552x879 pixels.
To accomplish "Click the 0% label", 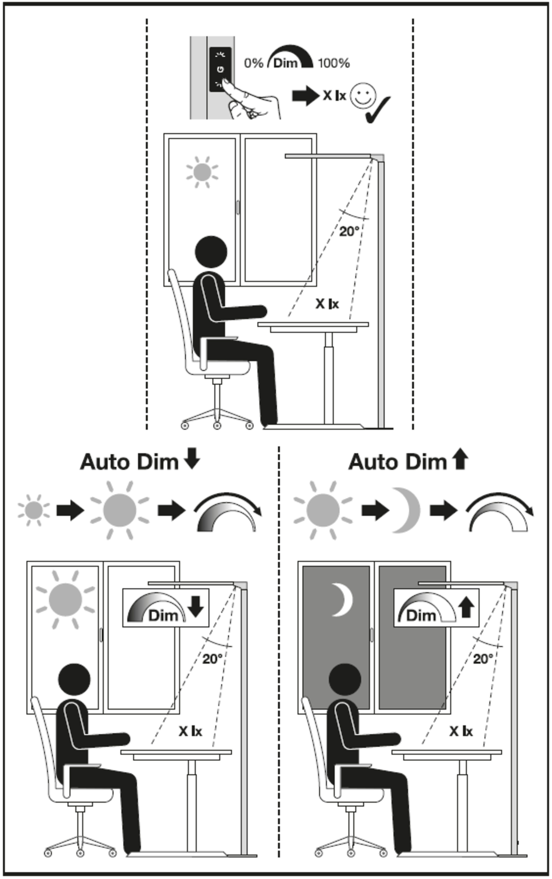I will click(254, 63).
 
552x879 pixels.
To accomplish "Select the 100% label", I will click(333, 63).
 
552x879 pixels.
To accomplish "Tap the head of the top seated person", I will click(211, 252).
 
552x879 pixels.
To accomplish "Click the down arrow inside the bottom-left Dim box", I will click(196, 606).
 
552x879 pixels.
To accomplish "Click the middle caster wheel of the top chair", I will click(217, 425).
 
